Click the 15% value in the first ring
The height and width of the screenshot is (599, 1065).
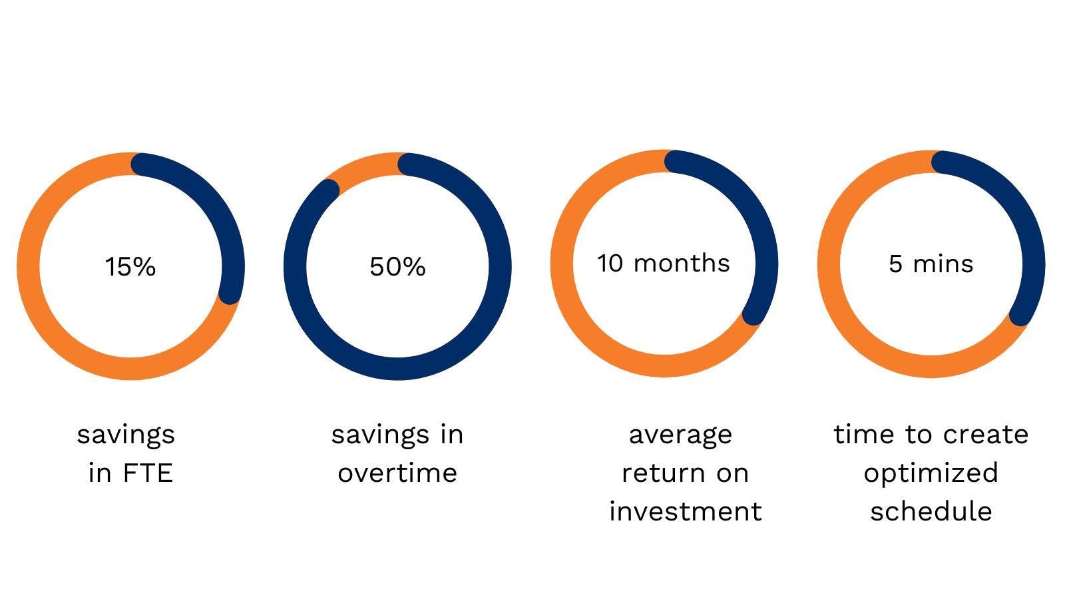click(x=130, y=267)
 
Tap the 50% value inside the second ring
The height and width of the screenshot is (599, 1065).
click(x=397, y=267)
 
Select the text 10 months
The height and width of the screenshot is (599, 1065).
click(x=664, y=264)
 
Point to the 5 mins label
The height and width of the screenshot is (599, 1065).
click(x=931, y=264)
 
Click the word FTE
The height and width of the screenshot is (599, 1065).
click(x=147, y=473)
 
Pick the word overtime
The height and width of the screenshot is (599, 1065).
click(x=397, y=473)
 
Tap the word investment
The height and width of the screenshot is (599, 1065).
click(x=686, y=512)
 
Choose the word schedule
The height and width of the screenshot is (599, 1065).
click(x=931, y=512)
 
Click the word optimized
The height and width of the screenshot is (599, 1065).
click(x=931, y=474)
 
